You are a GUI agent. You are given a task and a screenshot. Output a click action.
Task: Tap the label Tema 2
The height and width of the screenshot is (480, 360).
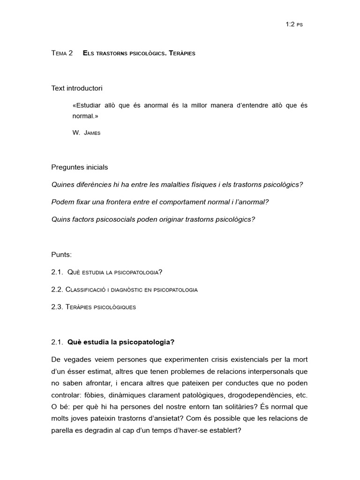tap(62, 53)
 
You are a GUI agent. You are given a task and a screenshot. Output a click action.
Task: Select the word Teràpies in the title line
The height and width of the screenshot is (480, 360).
tap(181, 53)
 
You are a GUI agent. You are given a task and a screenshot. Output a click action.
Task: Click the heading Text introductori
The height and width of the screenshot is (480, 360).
tap(77, 88)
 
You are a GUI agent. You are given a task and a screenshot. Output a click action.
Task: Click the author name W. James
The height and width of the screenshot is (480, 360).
tap(86, 133)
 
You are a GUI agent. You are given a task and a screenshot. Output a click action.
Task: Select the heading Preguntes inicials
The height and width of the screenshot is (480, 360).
tap(80, 167)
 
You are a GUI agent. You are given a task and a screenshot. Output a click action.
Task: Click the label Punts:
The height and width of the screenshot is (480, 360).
tap(62, 255)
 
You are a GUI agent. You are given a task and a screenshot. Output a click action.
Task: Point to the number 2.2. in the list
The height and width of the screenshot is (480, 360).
tap(58, 289)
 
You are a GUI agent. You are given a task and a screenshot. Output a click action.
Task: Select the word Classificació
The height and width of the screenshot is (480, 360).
tap(85, 289)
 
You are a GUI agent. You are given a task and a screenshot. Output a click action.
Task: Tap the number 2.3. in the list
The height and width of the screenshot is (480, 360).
tap(58, 307)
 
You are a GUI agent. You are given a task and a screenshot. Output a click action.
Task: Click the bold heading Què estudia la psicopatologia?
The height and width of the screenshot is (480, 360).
tap(121, 342)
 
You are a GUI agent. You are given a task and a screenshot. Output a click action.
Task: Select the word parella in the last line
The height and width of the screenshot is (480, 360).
tap(63, 430)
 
